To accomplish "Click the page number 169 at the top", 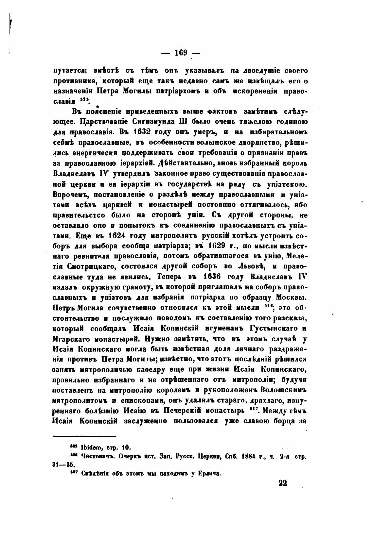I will (181, 53).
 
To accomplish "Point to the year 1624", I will (117, 236).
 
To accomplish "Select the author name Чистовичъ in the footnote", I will (96, 457).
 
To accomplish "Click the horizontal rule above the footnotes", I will (84, 436).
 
